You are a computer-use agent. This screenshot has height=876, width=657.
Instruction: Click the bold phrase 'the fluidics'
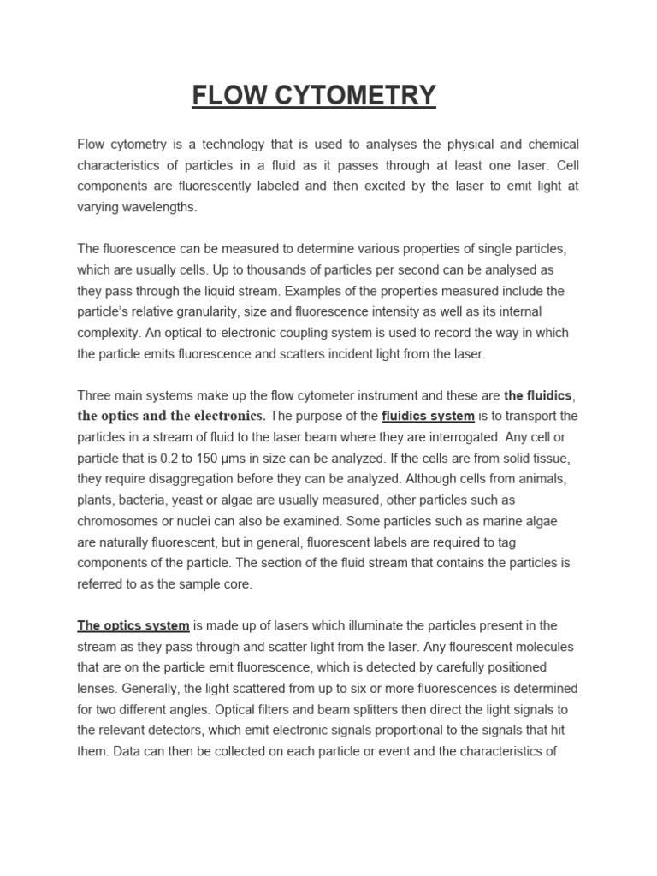click(538, 395)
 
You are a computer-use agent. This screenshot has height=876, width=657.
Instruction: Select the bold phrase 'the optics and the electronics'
click(171, 416)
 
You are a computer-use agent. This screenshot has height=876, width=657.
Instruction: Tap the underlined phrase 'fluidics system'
click(428, 416)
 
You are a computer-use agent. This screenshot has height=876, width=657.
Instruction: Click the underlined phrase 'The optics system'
click(133, 625)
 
